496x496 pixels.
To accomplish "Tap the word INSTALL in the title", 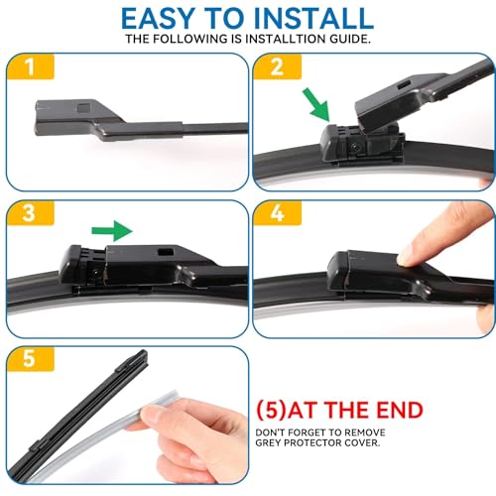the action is (313, 18).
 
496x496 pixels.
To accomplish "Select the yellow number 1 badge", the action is (31, 66).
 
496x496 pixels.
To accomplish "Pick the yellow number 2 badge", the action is (278, 66).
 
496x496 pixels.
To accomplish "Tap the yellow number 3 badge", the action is (31, 213).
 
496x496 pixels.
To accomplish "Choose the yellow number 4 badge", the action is (278, 213).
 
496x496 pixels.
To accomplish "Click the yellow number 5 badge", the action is (31, 359).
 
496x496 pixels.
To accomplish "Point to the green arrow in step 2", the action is (316, 105).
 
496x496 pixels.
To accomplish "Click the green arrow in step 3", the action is (112, 230).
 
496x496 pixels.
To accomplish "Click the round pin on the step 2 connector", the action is (355, 146).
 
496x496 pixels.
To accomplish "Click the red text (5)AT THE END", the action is (339, 411).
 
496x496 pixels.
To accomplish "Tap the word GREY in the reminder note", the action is (268, 442).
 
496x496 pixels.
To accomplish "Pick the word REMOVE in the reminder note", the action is (367, 433).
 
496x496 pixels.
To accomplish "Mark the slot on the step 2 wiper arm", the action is (404, 84).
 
